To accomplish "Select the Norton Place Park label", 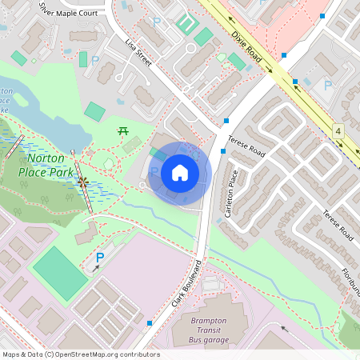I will coord(46,165).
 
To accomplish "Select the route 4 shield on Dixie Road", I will coord(338,130).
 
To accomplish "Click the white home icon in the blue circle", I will coord(179,173).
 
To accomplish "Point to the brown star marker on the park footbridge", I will coord(82,182).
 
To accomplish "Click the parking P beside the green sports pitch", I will coord(100,258).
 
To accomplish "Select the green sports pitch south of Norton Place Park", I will coord(59,272).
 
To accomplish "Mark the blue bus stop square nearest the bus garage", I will coord(150,323).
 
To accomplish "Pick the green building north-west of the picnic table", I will coord(94,111).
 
